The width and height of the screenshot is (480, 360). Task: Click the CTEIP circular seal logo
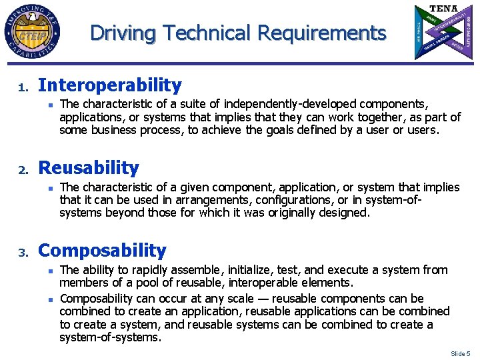coord(31,32)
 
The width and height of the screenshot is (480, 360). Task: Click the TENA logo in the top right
coord(443,31)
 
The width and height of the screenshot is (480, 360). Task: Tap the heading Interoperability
coord(110,85)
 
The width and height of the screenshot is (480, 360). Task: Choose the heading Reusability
coord(89,168)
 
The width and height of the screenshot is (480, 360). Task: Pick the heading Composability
coord(103,251)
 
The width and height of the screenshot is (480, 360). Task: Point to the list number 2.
coord(21,171)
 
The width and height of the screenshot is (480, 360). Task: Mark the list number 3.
coord(21,253)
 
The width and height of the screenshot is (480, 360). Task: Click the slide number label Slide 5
coord(460,353)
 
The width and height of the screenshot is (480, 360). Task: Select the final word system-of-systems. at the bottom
coord(111,337)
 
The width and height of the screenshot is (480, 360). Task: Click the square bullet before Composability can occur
coord(50,297)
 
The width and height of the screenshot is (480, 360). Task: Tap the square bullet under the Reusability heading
coord(50,187)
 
